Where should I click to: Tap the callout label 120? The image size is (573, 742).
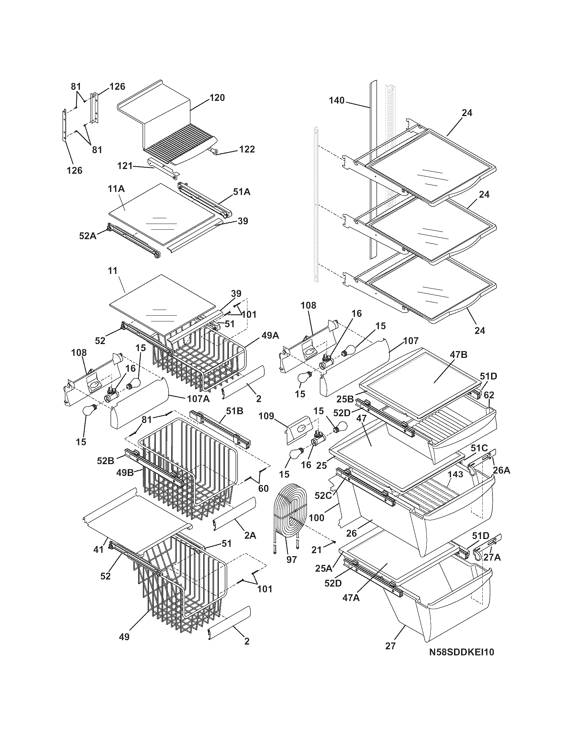coord(217,98)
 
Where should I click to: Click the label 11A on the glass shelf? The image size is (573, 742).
coord(116,189)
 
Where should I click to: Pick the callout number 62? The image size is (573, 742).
coord(489,395)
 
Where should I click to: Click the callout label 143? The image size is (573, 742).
coord(455,474)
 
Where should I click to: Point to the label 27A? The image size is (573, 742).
coord(491,557)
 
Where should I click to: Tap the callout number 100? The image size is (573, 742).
coord(316,518)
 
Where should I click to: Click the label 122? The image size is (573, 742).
coord(247,149)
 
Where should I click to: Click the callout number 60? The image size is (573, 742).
coord(264,489)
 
